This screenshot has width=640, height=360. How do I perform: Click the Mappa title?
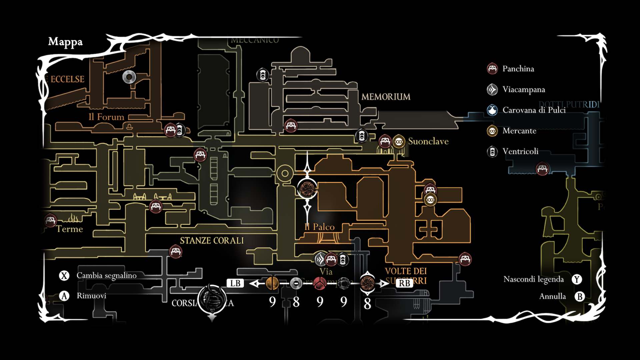65,42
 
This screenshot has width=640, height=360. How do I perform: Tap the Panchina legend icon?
492,69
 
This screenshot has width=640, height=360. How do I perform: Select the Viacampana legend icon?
492,89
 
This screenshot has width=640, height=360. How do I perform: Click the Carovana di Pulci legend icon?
492,110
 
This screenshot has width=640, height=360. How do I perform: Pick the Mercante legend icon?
492,131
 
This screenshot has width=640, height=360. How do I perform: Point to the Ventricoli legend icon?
492,152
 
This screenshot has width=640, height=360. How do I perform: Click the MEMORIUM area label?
386,97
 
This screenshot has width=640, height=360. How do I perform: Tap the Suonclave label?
428,141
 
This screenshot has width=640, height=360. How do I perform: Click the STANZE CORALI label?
212,240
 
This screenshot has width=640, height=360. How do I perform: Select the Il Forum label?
106,117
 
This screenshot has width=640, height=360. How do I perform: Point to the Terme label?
69,229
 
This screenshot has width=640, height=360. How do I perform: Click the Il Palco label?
319,227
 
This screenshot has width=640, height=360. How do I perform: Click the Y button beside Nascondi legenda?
577,279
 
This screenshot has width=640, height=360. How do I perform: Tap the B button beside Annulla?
580,296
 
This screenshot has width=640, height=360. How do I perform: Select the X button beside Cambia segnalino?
64,276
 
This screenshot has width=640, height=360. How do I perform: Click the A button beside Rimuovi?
64,296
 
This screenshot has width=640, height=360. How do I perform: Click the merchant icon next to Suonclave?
399,142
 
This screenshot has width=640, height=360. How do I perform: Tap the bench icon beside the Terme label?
51,220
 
